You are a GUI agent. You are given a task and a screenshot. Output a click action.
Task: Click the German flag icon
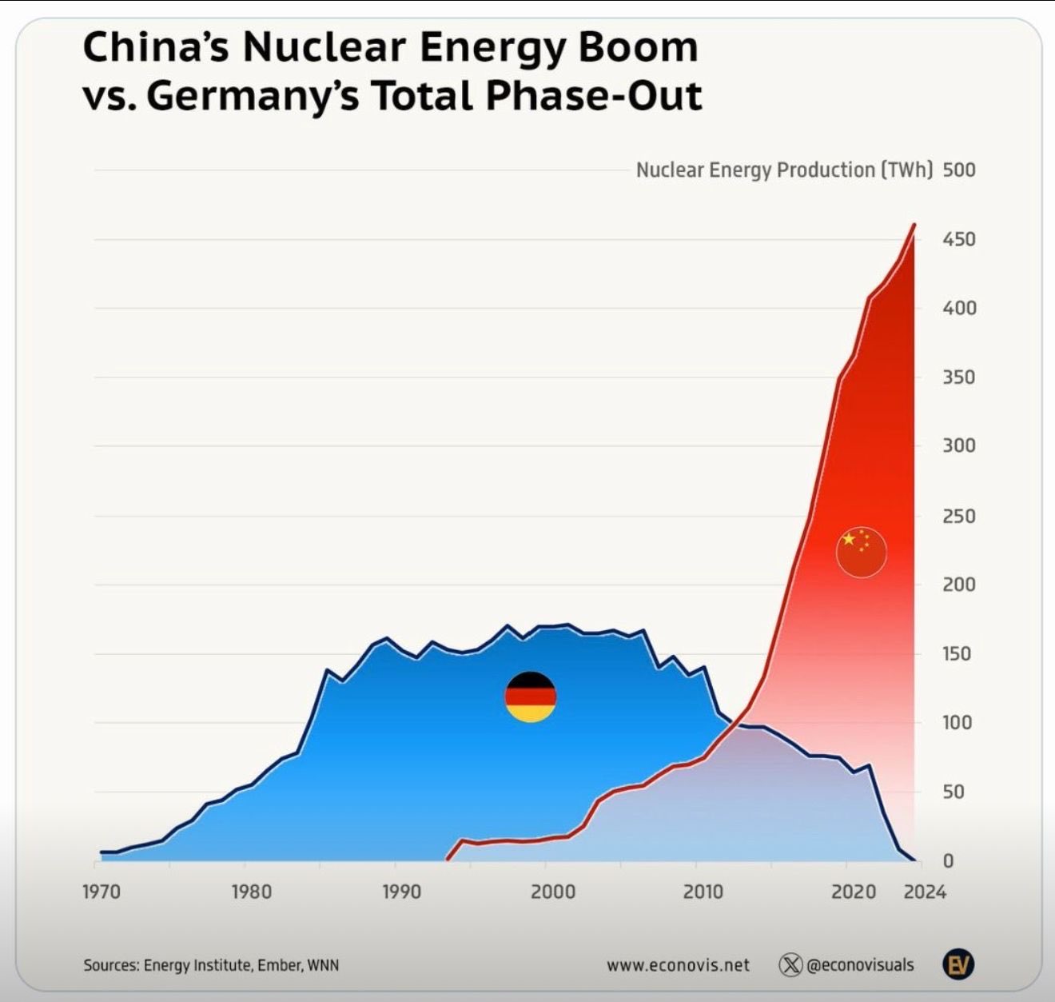pos(530,697)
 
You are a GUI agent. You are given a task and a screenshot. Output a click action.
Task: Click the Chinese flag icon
pos(862,552)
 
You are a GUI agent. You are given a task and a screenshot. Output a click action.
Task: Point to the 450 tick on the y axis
pos(959,239)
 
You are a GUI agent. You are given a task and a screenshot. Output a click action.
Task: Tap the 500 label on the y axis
pos(959,170)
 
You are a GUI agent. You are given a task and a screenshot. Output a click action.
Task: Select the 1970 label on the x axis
pos(102,892)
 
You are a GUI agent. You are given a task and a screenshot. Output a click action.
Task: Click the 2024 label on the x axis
pos(925,892)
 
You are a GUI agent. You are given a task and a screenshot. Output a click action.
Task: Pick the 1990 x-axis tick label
pos(402,892)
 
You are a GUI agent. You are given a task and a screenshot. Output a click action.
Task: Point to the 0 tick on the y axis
pos(948,860)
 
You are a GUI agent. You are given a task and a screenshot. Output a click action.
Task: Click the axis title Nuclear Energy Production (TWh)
pos(785,170)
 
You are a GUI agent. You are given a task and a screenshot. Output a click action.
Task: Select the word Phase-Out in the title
pos(594,96)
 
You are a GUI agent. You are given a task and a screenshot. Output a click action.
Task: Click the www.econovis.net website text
pos(678,965)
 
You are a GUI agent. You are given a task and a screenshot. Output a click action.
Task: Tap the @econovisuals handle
pos(860,965)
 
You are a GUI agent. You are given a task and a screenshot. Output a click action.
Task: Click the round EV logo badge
pos(958,964)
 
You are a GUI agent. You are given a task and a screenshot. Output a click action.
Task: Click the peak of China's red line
pos(914,225)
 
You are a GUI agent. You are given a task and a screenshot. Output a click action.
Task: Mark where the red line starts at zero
pos(447,860)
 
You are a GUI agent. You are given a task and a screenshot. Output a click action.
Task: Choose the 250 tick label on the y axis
pos(959,517)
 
